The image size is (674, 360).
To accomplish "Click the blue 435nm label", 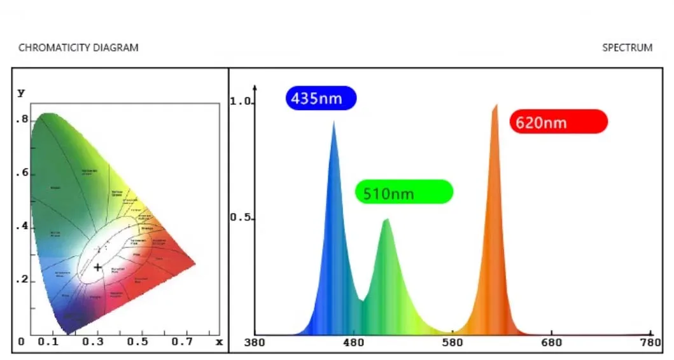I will click(x=321, y=99).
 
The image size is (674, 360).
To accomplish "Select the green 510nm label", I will click(x=404, y=192).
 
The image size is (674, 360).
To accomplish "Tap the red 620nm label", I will click(x=558, y=121).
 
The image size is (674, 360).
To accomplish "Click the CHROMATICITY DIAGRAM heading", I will click(x=78, y=48).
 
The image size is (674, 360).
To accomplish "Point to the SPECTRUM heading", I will click(x=627, y=48).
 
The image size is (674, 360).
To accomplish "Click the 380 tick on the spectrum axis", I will click(x=255, y=342).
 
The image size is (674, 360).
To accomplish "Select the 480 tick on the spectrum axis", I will click(x=353, y=342).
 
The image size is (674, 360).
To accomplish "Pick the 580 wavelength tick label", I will click(x=453, y=342).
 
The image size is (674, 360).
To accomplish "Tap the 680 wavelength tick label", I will click(x=551, y=342).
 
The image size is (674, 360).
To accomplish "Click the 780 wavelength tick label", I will click(x=650, y=342).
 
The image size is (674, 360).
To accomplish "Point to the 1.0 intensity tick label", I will click(x=241, y=102).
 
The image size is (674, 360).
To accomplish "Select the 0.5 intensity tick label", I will click(x=241, y=218).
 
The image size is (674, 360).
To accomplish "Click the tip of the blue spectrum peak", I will click(x=334, y=122).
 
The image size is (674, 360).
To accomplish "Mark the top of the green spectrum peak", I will click(x=386, y=219).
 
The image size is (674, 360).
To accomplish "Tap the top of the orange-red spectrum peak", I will click(x=496, y=105).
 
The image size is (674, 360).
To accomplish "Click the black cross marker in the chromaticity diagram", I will click(x=97, y=267).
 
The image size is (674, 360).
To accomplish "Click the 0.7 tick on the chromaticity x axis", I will click(x=182, y=342).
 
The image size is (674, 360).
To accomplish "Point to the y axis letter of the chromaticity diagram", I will click(x=21, y=93).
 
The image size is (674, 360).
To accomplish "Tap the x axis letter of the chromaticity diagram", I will click(x=220, y=342).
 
